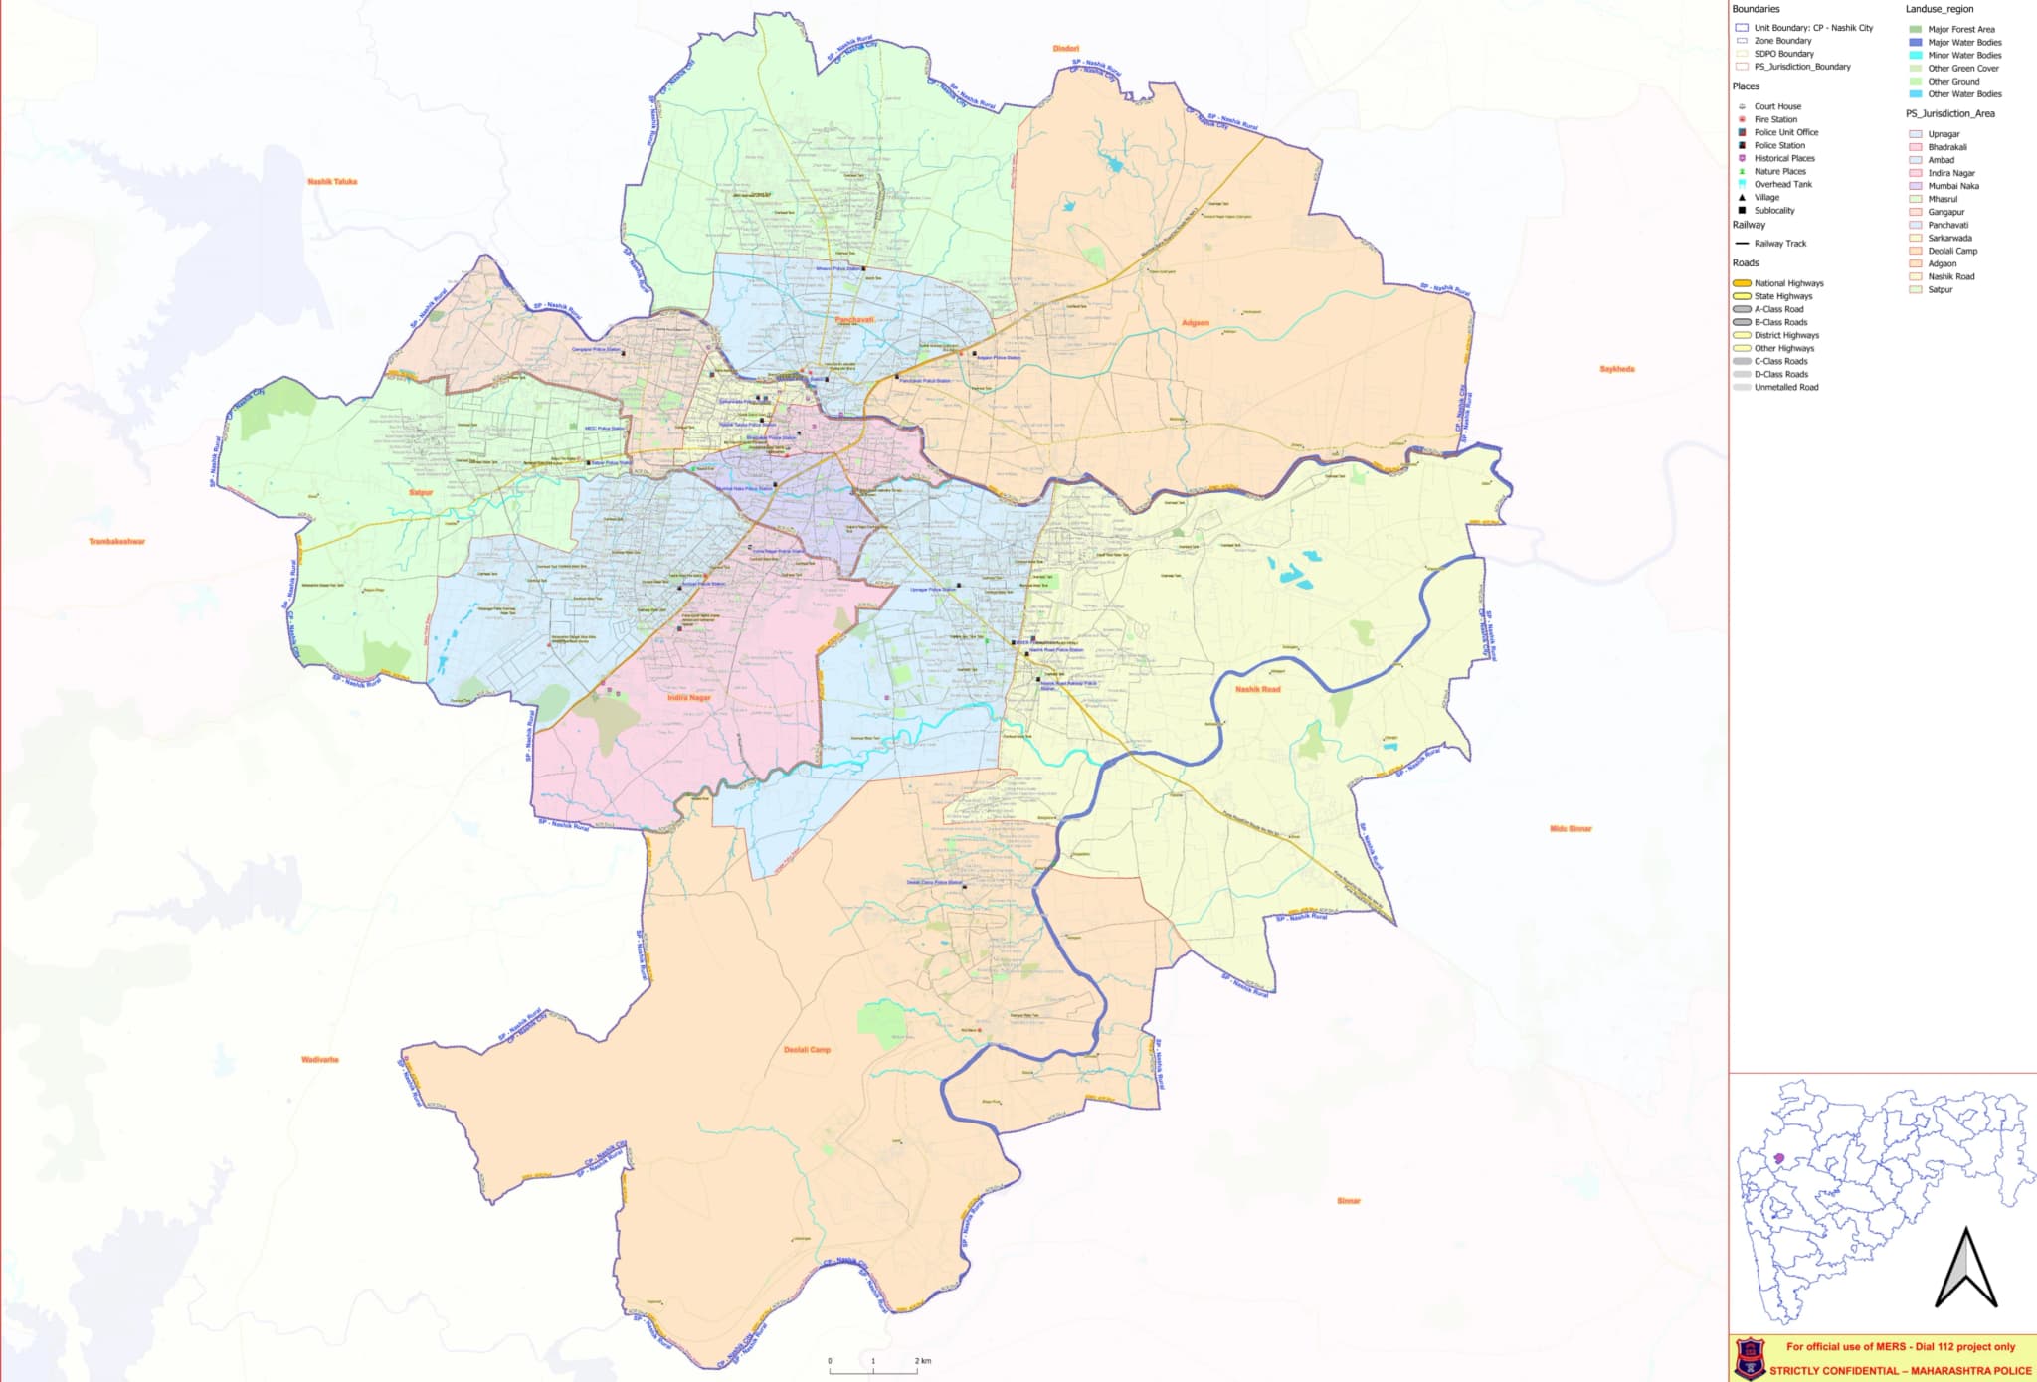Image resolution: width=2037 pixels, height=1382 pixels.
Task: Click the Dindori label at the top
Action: tap(1065, 48)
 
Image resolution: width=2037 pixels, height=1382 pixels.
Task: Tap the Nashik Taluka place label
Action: tap(332, 182)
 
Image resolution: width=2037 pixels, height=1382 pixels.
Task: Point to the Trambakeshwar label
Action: tap(117, 542)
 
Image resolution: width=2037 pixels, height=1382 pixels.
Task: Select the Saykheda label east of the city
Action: tap(1616, 369)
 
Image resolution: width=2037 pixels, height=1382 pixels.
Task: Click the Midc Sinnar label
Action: tap(1571, 828)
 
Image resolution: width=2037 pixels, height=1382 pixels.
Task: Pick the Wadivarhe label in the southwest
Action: tap(320, 1060)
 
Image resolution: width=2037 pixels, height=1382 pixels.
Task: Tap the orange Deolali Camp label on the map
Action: tap(807, 1050)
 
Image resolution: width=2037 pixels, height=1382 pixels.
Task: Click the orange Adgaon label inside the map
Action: tap(1196, 323)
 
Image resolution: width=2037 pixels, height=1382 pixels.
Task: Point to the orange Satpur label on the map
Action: tap(421, 492)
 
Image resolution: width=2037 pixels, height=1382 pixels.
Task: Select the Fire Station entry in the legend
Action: tap(1775, 119)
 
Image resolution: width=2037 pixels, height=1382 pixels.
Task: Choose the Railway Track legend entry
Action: tap(1780, 244)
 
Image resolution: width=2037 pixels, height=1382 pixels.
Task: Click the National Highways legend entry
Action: tap(1788, 283)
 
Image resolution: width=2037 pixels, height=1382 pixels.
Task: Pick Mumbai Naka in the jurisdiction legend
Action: tap(1952, 186)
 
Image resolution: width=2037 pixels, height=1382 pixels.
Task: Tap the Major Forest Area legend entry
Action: tap(1960, 29)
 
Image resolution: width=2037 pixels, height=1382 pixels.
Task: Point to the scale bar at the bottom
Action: tap(874, 1370)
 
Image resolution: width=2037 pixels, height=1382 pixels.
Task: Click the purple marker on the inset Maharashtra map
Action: tap(1779, 1158)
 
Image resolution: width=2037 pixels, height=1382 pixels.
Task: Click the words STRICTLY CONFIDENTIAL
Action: tap(1830, 1370)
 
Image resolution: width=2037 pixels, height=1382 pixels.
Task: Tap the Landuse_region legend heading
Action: tap(1940, 9)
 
